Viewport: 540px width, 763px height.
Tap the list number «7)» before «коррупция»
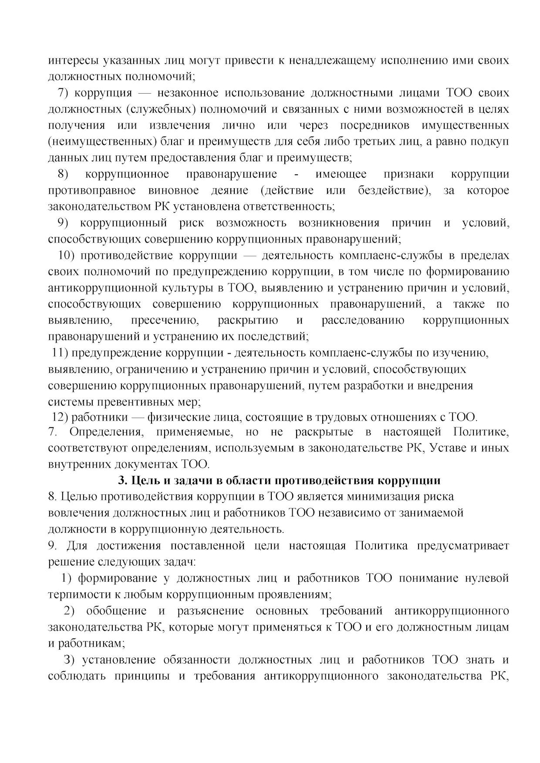[x=64, y=93]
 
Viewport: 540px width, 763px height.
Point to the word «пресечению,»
[x=165, y=321]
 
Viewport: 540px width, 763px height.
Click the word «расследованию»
[x=363, y=321]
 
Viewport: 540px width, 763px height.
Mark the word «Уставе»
[x=450, y=448]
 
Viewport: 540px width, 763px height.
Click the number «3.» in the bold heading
[x=122, y=480]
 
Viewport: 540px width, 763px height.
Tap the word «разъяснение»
[x=210, y=611]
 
